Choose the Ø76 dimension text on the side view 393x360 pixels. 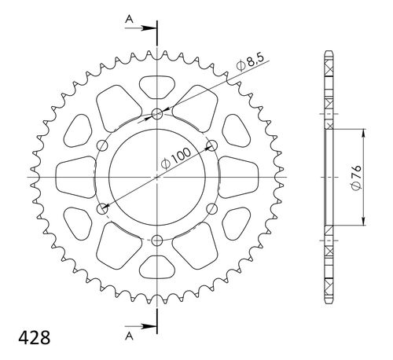(x=355, y=178)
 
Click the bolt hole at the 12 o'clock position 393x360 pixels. (x=157, y=114)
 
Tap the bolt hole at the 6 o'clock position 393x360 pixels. (x=157, y=240)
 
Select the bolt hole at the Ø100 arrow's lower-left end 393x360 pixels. (x=103, y=208)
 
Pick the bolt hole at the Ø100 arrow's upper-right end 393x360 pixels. (x=211, y=145)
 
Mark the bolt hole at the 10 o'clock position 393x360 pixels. (x=103, y=145)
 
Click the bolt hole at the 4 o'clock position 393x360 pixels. (x=211, y=208)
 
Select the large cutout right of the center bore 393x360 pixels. (x=236, y=177)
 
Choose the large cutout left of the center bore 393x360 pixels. (x=79, y=177)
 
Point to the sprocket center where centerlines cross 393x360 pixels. (x=157, y=177)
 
